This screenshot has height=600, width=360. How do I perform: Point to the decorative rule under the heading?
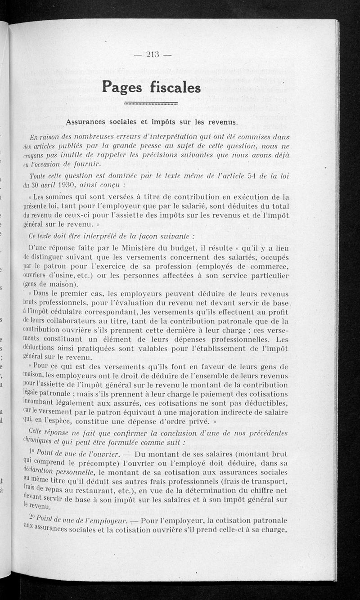[151, 103]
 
